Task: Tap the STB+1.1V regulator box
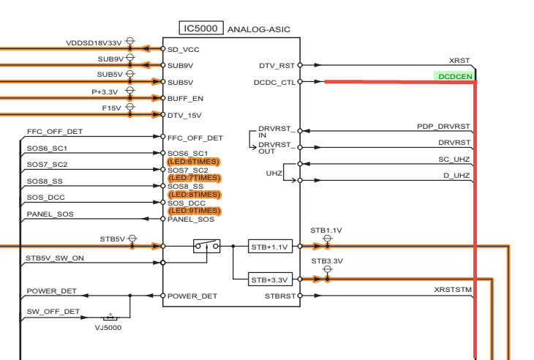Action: coord(270,247)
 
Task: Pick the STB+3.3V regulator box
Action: coord(270,280)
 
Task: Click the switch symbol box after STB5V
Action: coord(207,247)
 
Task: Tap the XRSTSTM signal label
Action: coord(454,290)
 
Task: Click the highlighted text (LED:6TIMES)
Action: coord(194,162)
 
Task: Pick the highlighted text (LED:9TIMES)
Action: coord(194,211)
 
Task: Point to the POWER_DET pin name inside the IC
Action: coord(192,296)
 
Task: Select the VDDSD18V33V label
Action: coord(94,42)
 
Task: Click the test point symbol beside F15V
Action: coord(130,110)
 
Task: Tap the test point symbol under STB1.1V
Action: coord(327,241)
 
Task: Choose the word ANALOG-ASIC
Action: coord(259,29)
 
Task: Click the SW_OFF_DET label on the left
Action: coord(53,312)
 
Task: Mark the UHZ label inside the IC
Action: coord(274,173)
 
